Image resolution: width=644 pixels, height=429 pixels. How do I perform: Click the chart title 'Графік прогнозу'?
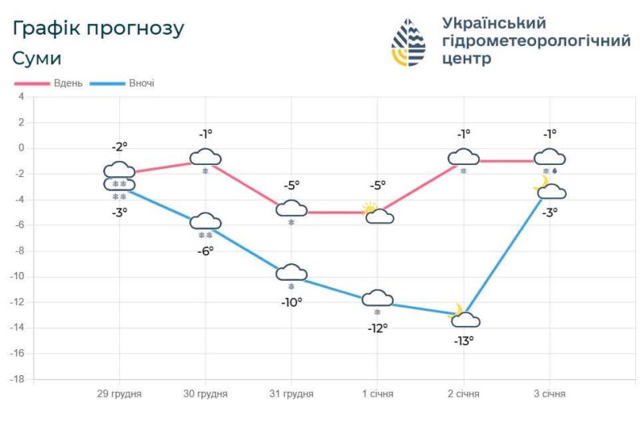[98, 29]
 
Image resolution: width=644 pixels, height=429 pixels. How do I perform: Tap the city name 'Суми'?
[37, 59]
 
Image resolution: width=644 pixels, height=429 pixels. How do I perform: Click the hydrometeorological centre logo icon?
[408, 42]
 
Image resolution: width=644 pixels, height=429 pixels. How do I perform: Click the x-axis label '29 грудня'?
[120, 394]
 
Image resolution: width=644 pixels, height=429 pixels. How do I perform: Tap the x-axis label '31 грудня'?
[291, 394]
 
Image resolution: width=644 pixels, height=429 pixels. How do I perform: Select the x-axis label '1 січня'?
[377, 394]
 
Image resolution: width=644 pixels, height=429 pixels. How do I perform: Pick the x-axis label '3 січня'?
[549, 394]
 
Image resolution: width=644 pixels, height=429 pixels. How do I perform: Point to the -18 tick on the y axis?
[19, 379]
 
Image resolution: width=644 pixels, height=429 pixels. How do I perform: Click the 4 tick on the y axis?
[22, 97]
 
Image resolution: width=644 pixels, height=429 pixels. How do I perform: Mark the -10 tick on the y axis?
[19, 276]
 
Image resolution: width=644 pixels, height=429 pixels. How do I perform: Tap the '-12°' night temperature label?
[377, 328]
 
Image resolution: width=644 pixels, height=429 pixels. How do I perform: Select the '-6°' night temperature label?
[205, 250]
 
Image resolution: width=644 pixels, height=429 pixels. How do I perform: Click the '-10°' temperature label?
[291, 302]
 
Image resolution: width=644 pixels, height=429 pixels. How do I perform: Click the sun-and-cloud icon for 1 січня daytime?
[377, 213]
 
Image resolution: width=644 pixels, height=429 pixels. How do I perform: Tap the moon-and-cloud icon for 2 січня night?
[464, 316]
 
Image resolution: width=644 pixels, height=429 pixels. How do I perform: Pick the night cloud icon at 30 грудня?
[205, 221]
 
